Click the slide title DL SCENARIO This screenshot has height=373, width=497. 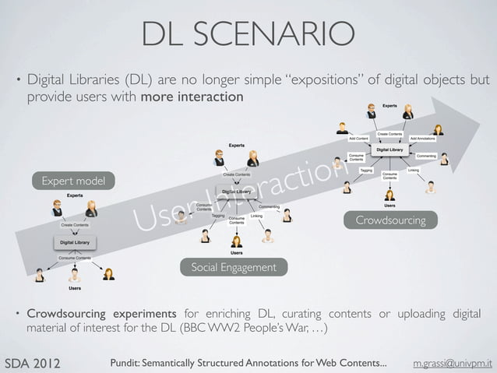click(248, 33)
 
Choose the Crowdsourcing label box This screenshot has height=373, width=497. click(390, 220)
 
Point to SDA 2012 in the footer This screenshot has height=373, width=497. click(34, 363)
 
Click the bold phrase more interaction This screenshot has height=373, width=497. click(192, 98)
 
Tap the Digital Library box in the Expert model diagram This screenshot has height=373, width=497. click(74, 241)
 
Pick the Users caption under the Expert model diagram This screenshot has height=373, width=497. click(75, 288)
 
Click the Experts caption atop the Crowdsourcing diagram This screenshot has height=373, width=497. click(389, 105)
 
